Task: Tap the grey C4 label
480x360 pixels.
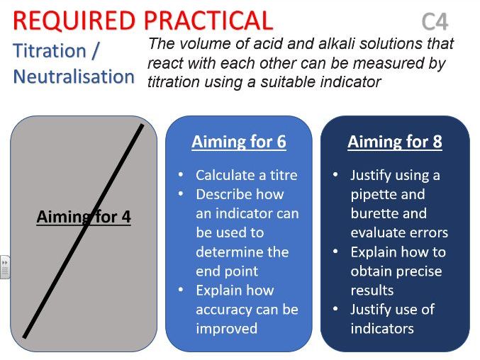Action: [435, 23]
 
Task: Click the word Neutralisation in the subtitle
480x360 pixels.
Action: [74, 76]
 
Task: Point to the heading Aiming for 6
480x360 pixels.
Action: [238, 142]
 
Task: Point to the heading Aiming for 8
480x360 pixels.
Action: [394, 142]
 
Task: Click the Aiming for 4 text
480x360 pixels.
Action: [84, 217]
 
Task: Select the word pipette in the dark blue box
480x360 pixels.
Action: [388, 194]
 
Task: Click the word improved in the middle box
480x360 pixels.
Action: [226, 328]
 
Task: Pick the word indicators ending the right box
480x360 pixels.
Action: [382, 328]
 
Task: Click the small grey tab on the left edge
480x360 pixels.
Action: [4, 266]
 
